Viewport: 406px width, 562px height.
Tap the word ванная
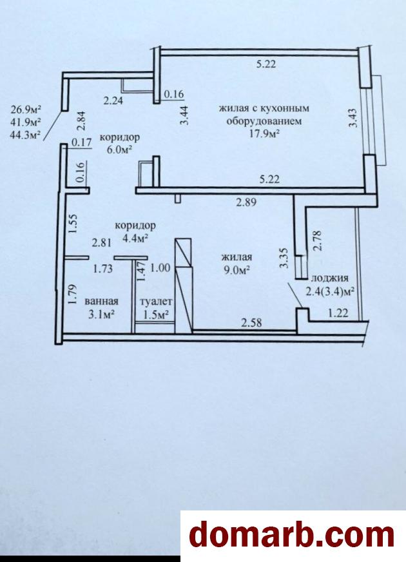click(101, 302)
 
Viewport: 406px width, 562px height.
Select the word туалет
click(156, 302)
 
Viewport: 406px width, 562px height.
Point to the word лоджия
click(330, 278)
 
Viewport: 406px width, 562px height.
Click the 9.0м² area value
click(237, 270)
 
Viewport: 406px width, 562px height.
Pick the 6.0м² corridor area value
click(119, 149)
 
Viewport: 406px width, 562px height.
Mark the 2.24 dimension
click(113, 101)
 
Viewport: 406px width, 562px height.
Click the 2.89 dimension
click(246, 202)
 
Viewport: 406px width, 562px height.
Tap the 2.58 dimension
click(251, 323)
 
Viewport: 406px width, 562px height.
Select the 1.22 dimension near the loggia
click(338, 313)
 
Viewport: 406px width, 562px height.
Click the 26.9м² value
click(26, 109)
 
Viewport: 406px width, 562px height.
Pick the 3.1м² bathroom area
click(101, 315)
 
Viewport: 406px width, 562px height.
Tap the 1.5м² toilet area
click(156, 315)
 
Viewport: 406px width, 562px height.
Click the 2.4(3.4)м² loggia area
click(330, 291)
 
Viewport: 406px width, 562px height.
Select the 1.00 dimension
click(160, 267)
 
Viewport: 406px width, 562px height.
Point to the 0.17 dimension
click(82, 142)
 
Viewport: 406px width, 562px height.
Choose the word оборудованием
click(264, 121)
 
